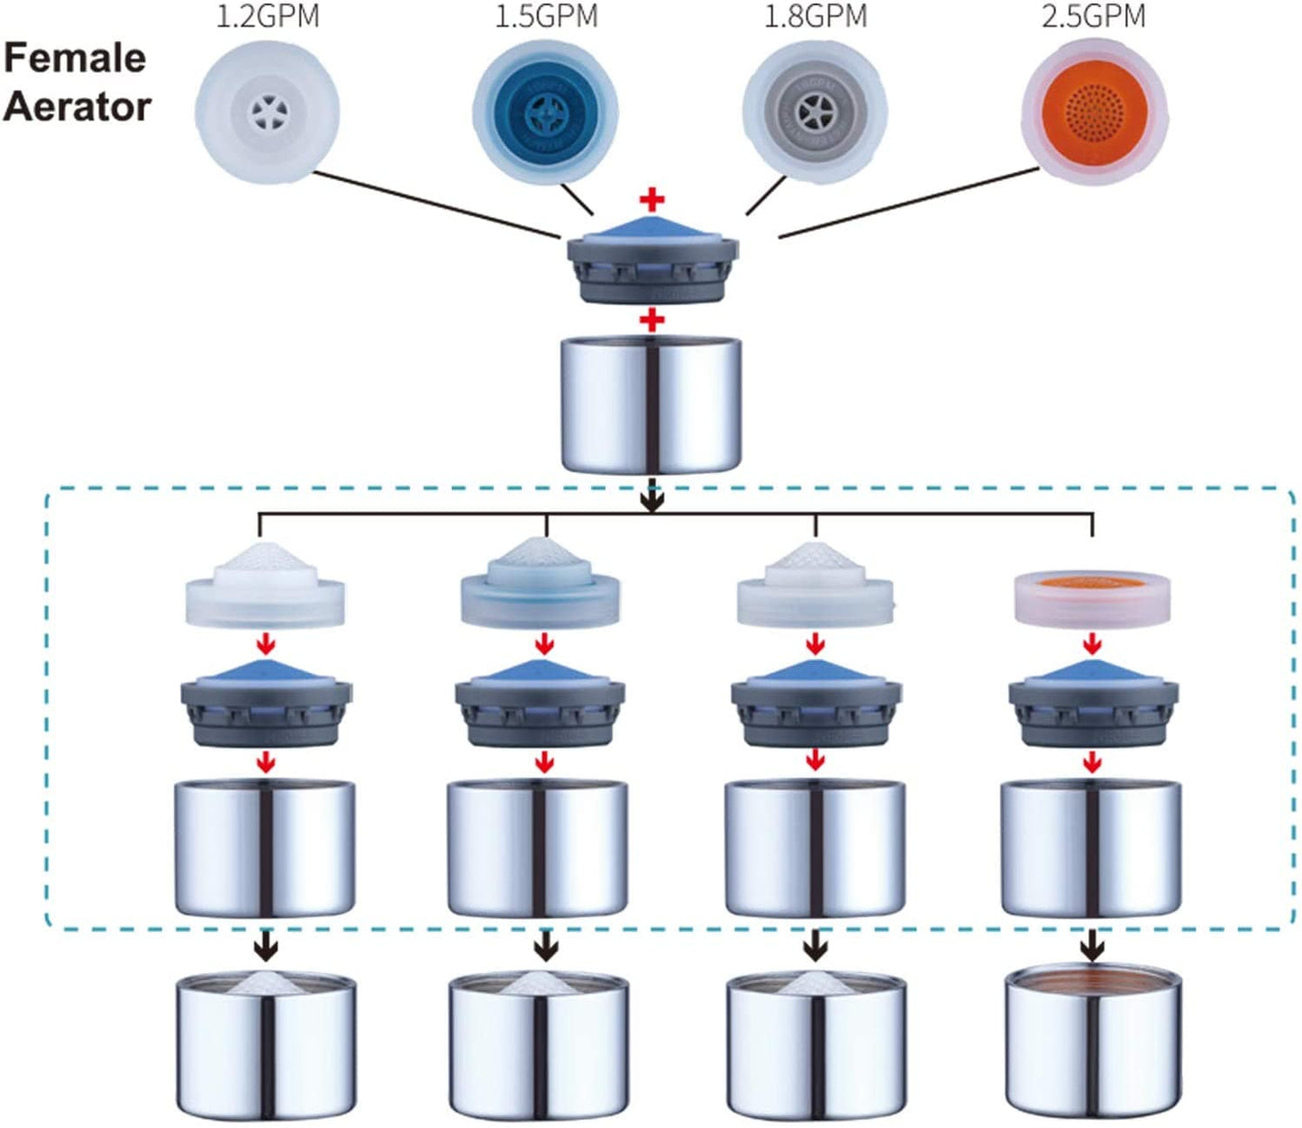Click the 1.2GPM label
tap(268, 16)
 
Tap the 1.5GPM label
tap(546, 16)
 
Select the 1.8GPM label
tap(815, 16)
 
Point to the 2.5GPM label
tap(1093, 16)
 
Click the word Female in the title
tap(75, 59)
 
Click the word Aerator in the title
tap(77, 106)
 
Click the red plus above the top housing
tap(651, 200)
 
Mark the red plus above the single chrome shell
tap(651, 319)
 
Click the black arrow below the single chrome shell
tap(651, 498)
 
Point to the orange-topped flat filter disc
tap(1092, 597)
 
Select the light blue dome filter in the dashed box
tap(539, 586)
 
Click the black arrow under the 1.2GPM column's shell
tap(266, 947)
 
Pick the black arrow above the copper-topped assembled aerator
tap(1092, 945)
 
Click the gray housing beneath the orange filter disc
tap(1092, 704)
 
